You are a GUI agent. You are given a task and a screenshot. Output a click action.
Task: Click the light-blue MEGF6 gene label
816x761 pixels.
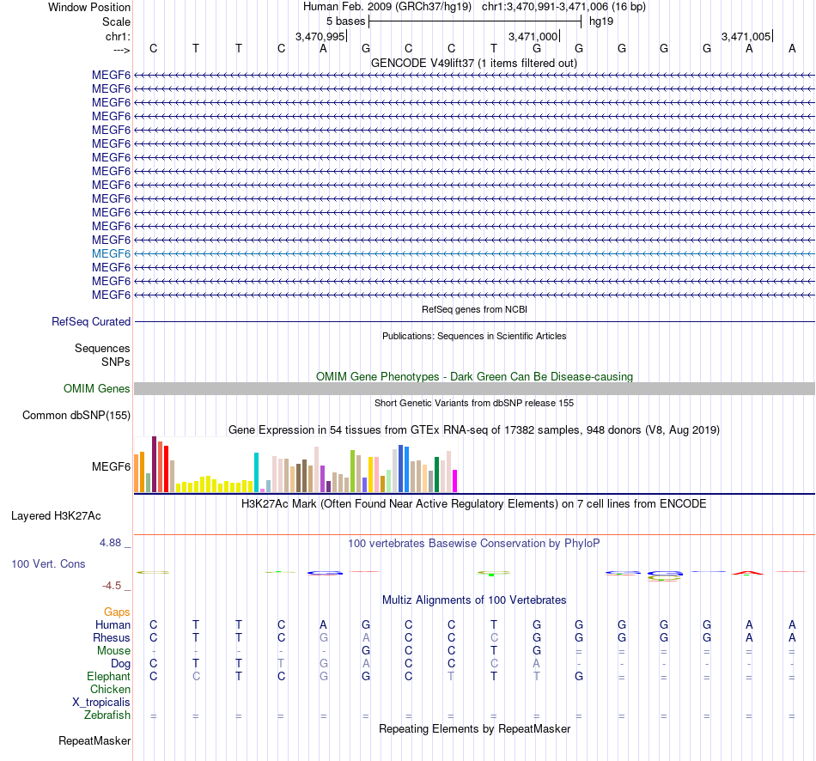pos(112,253)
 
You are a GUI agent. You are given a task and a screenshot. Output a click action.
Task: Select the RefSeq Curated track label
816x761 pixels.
pos(91,322)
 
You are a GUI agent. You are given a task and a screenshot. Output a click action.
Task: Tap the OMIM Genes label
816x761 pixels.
pos(97,389)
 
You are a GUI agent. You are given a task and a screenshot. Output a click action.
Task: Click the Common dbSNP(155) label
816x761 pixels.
pos(77,416)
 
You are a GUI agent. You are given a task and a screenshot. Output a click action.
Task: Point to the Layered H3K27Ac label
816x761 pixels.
pos(56,516)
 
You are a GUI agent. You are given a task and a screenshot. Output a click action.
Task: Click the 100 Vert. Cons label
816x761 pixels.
pos(48,564)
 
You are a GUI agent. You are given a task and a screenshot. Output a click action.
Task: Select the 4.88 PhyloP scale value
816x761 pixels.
pos(112,543)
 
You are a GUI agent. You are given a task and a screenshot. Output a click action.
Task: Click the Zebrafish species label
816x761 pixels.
pos(107,715)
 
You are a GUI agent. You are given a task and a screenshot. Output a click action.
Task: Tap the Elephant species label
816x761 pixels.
pos(108,676)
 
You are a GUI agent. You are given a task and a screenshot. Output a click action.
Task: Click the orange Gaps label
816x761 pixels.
pos(117,612)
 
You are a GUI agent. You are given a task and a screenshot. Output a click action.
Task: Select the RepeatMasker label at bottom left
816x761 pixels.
pos(94,740)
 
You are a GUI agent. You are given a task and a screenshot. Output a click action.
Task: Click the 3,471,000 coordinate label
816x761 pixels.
pos(533,37)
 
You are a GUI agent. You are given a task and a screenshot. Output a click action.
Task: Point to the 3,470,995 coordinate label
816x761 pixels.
pos(320,37)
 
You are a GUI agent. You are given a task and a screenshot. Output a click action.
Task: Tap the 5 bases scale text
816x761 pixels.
pos(345,21)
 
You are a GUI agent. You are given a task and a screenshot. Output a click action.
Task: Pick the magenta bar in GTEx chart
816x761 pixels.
pos(455,481)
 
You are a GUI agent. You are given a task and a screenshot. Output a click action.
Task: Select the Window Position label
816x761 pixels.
pos(89,7)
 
